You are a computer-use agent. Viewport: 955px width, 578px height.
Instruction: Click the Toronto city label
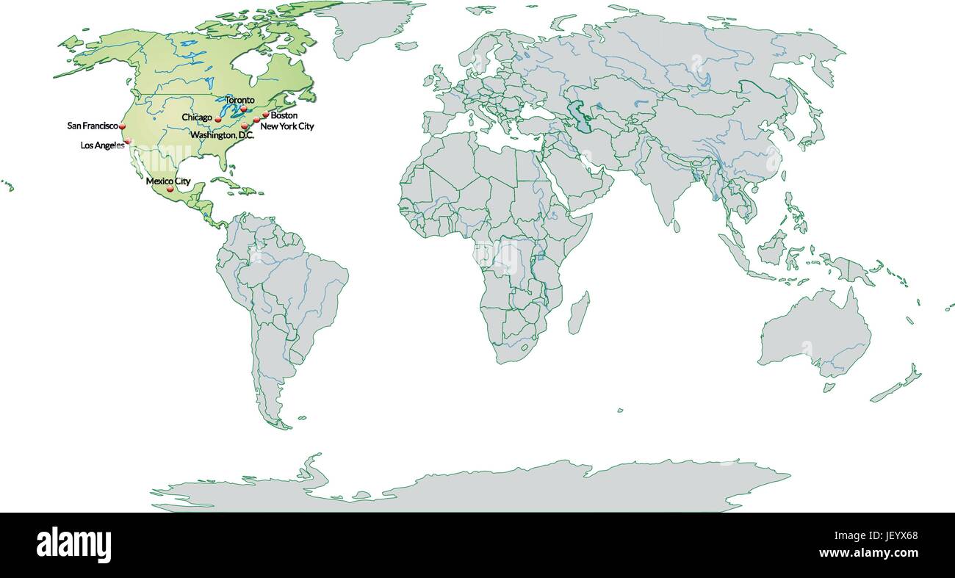(x=239, y=100)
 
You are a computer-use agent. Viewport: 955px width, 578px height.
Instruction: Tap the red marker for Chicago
(x=218, y=119)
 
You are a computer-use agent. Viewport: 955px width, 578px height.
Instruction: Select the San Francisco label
(x=92, y=126)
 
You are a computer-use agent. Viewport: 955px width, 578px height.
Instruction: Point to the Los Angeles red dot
(x=128, y=141)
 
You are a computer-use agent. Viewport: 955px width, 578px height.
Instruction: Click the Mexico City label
(x=168, y=181)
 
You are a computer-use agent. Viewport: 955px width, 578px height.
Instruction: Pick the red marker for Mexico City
(x=170, y=189)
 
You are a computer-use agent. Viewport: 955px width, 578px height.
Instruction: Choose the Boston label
(x=284, y=116)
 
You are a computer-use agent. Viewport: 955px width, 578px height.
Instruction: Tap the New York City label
(x=286, y=126)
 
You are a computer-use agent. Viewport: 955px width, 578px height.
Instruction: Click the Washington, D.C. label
(x=222, y=136)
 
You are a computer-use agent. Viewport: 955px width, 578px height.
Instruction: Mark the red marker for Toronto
(x=243, y=108)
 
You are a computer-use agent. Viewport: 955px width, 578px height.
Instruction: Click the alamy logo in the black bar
(x=73, y=544)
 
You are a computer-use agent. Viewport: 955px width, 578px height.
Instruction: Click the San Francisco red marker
(x=123, y=127)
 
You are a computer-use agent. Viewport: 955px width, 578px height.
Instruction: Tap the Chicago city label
(x=197, y=118)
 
